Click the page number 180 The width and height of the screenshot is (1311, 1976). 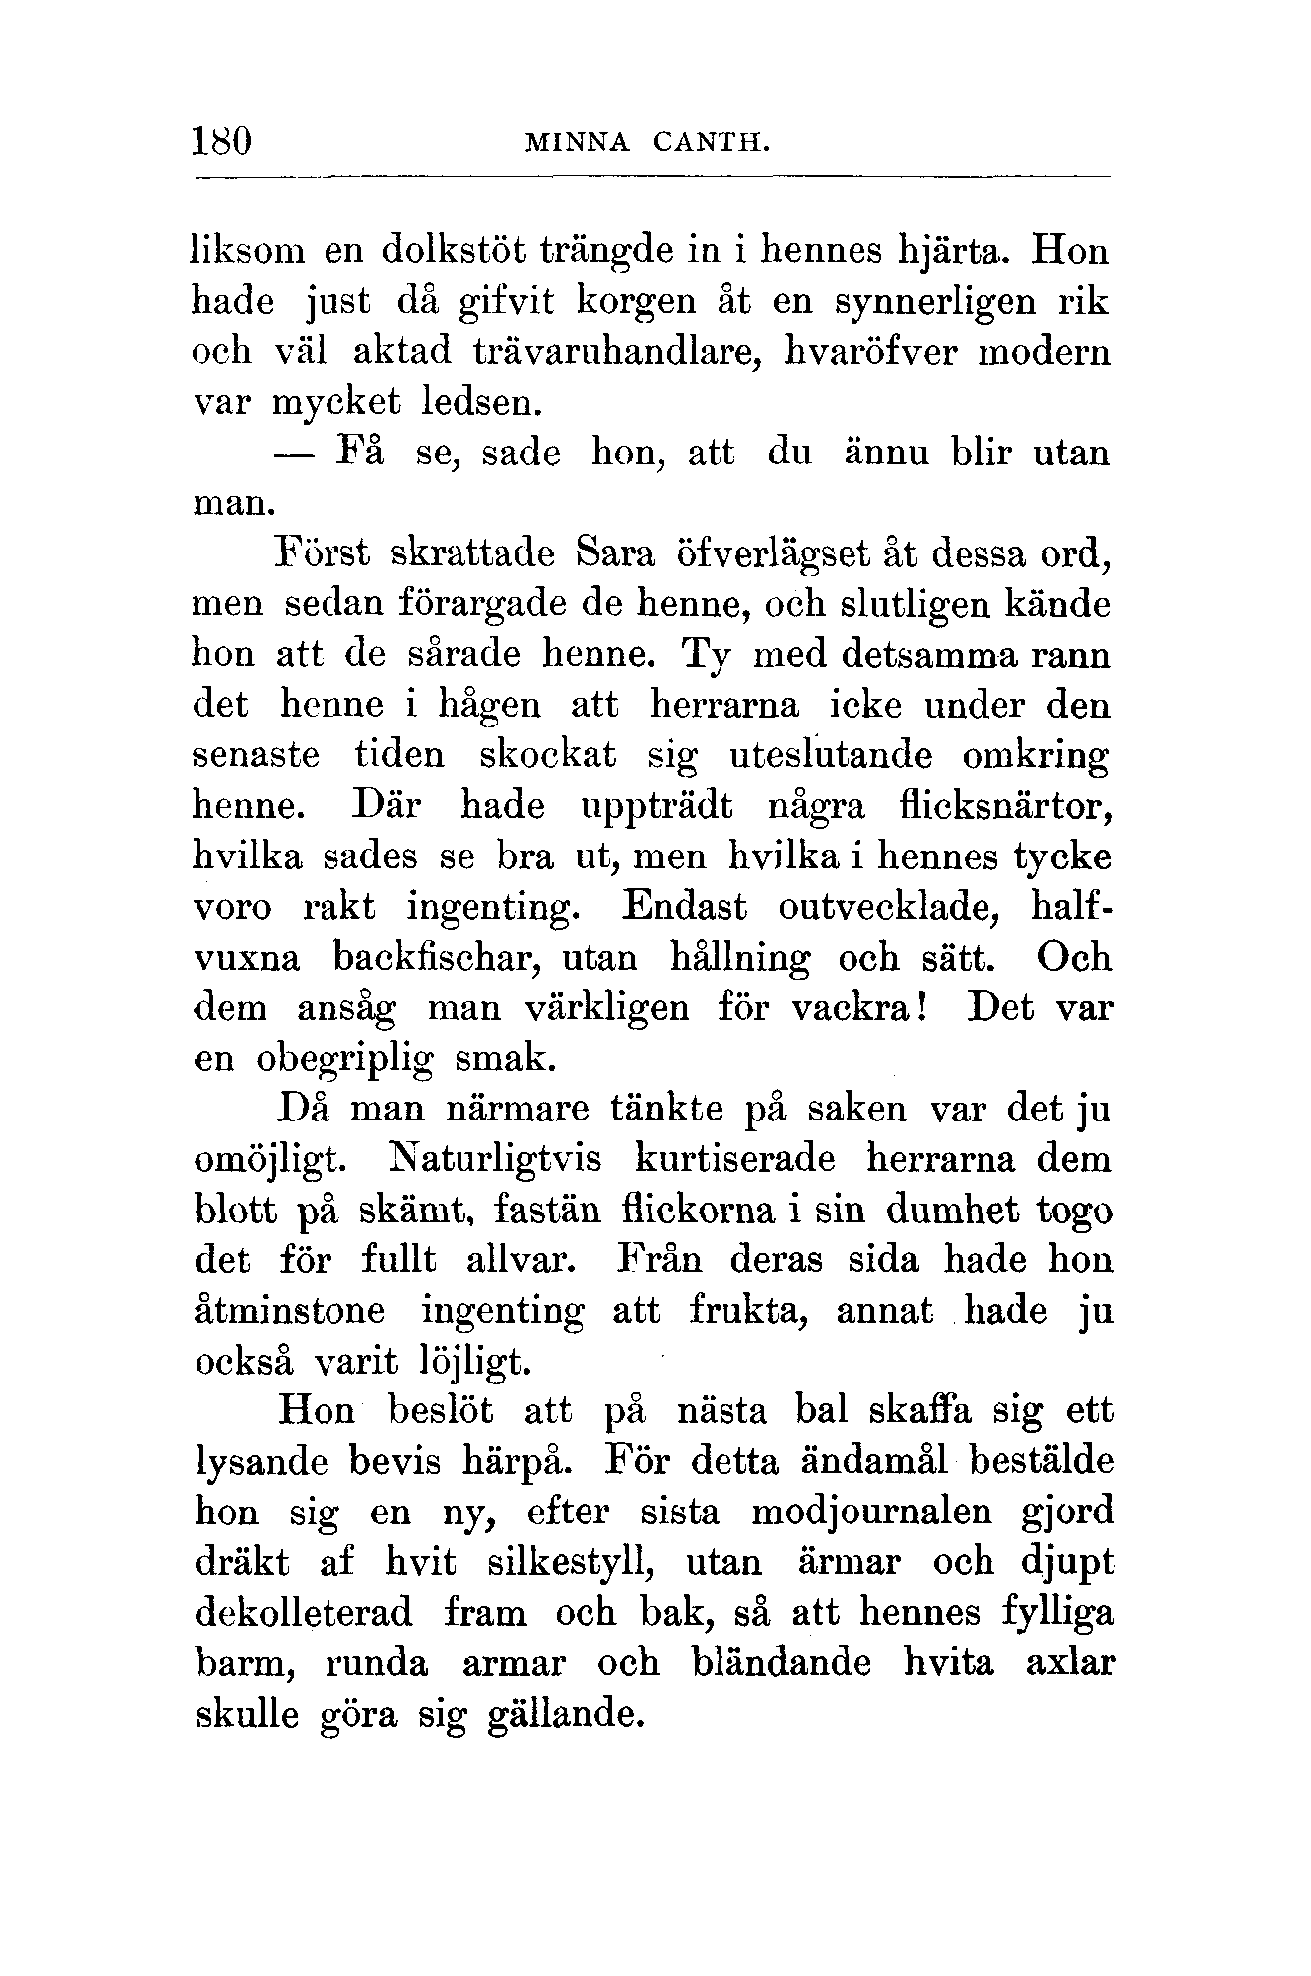click(223, 140)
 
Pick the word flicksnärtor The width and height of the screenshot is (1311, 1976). click(1004, 806)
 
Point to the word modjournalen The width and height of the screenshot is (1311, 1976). click(871, 1513)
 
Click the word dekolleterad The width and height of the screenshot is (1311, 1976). click(304, 1613)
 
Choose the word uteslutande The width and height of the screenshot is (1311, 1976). click(831, 756)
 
